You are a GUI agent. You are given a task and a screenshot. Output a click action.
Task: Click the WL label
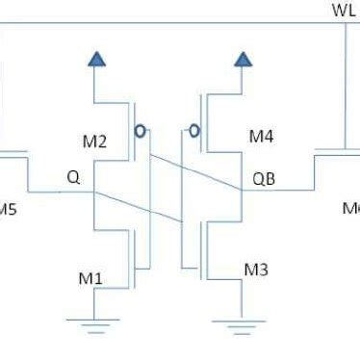coord(343,10)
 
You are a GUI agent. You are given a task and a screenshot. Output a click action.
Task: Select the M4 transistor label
coord(262,137)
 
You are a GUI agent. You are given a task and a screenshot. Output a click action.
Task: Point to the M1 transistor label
coord(91,279)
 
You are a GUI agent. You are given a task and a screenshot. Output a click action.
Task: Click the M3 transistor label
coord(255,269)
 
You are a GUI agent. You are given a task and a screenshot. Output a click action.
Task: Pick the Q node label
coord(73,177)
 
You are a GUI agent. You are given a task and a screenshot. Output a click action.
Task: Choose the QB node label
coord(264,178)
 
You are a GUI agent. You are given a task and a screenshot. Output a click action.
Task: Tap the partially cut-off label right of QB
coord(350,208)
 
